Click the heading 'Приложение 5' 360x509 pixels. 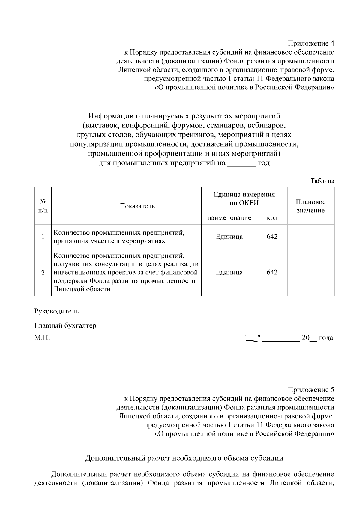click(311, 390)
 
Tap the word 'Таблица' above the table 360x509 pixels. click(322, 181)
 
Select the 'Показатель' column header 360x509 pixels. click(137, 206)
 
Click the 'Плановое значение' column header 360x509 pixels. click(310, 206)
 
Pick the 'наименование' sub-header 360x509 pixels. click(229, 218)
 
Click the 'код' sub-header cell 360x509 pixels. click(272, 218)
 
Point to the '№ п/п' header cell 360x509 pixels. click(43, 206)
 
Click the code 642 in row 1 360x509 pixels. click(272, 237)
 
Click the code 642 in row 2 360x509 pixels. click(272, 272)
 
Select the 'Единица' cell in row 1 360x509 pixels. click(229, 237)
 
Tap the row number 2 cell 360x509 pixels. click(43, 273)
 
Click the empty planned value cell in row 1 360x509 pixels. click(310, 237)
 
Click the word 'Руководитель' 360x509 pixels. click(56, 311)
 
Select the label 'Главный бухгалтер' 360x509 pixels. click(65, 326)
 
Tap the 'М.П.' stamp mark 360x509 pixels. click(42, 338)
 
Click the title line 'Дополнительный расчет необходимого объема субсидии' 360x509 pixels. click(184, 458)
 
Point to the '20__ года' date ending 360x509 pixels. click(317, 338)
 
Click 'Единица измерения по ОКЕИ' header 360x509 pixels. click(244, 199)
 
